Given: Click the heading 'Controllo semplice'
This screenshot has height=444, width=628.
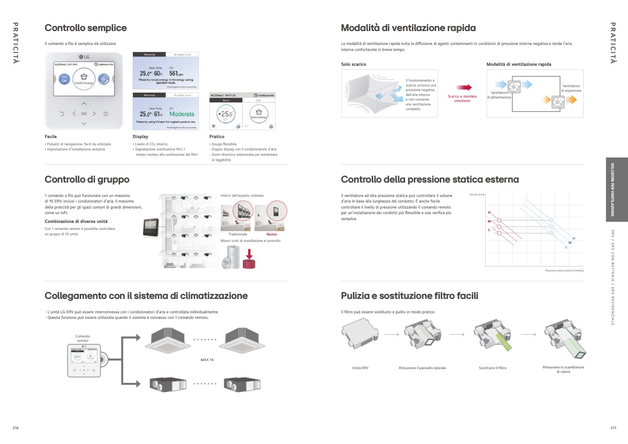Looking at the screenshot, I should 86,28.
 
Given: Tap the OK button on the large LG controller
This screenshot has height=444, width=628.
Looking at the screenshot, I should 84,114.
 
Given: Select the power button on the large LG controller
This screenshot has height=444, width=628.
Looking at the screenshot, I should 106,114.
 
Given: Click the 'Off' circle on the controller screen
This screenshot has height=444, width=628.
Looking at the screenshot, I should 64,79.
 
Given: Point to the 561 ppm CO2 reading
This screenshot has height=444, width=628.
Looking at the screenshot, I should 176,73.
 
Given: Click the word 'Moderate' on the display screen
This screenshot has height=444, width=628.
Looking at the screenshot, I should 182,114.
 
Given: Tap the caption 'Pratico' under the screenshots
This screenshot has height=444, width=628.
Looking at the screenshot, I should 216,137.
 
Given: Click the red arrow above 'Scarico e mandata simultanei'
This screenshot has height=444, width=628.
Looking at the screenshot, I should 463,87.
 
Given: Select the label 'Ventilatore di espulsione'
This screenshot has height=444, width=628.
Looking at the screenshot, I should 571,88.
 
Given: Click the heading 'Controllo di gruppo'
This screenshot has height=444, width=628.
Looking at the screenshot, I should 87,179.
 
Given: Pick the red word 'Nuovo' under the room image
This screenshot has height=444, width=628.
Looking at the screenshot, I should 272,235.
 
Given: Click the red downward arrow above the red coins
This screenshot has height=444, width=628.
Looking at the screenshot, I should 249,254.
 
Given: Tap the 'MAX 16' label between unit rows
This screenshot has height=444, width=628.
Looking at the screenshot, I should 207,360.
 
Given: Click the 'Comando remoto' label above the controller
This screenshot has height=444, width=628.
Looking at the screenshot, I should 82,338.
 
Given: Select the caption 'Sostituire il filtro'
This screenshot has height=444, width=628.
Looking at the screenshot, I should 492,368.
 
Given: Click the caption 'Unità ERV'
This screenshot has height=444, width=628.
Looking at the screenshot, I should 360,368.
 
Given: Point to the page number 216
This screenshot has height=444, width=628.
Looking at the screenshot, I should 16,428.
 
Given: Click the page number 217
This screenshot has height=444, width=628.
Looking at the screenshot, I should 613,428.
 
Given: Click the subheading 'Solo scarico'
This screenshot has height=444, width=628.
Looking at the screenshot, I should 354,64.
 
